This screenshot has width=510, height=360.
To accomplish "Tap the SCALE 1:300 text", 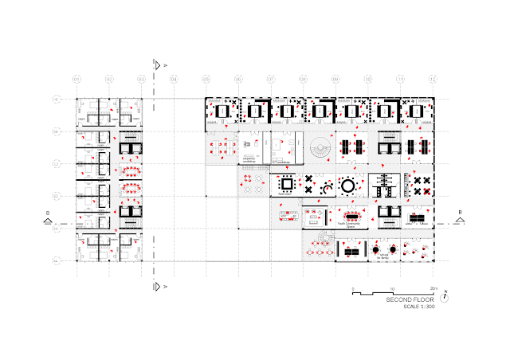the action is point(410,307).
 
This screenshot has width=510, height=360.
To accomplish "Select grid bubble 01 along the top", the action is point(77,80).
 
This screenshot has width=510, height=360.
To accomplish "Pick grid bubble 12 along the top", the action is point(433,80).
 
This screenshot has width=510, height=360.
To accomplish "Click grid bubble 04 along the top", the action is point(174,80).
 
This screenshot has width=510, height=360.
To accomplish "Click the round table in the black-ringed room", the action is point(349,186).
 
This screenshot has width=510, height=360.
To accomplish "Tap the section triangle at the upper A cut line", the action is point(159,65).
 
